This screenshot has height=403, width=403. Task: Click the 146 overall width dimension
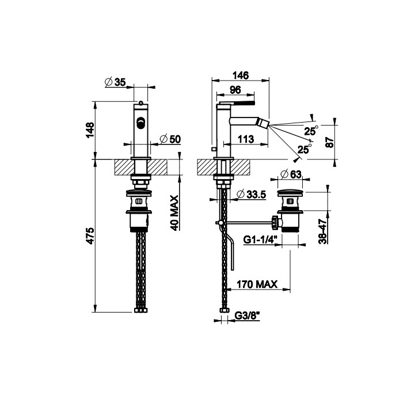(241, 75)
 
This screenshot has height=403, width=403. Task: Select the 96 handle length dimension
(235, 90)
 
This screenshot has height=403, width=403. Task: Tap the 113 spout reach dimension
(246, 139)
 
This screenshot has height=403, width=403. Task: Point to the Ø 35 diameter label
(115, 82)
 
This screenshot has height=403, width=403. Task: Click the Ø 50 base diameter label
(170, 139)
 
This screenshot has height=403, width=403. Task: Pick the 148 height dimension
(90, 130)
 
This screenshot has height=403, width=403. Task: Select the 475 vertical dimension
(90, 235)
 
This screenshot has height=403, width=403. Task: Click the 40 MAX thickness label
(174, 213)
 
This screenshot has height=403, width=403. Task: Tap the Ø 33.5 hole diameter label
(252, 195)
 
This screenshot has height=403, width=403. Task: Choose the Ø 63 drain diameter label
(291, 174)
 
